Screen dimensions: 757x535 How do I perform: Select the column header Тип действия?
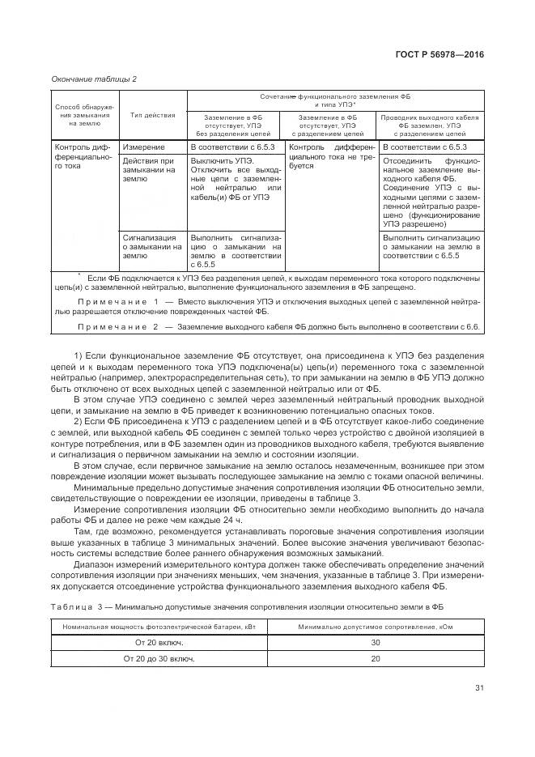click(x=153, y=116)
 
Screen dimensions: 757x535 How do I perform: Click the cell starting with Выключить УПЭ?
click(x=234, y=190)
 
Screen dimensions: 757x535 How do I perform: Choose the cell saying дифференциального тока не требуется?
click(x=331, y=156)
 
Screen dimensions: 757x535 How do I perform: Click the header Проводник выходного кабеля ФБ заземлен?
click(x=430, y=125)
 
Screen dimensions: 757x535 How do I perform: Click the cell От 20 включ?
click(x=159, y=642)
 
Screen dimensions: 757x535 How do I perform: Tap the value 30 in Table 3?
click(x=374, y=642)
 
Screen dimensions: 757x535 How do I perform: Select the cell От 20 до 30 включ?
click(x=159, y=659)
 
